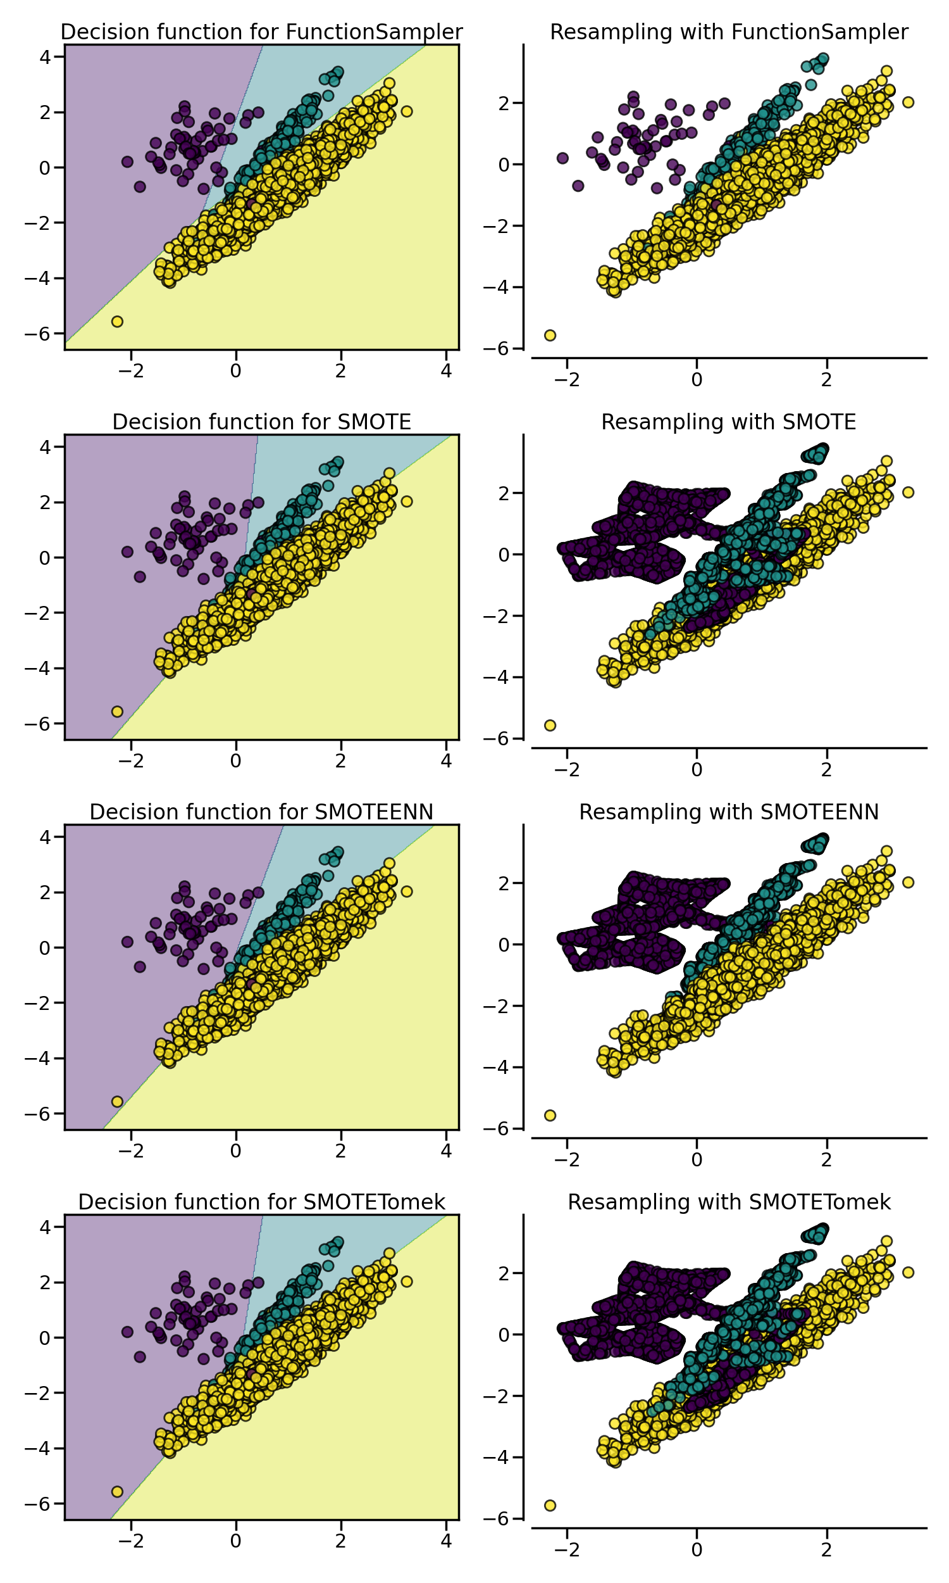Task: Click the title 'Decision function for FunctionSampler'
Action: (x=261, y=32)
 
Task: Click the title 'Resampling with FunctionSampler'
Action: (x=728, y=32)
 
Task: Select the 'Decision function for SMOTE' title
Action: (x=261, y=422)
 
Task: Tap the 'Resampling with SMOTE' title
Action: (x=728, y=422)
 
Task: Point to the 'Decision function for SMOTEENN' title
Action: (x=261, y=811)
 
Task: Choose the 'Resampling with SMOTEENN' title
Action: (x=728, y=811)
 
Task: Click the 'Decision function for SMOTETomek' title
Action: (x=261, y=1202)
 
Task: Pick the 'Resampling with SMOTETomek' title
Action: (x=728, y=1202)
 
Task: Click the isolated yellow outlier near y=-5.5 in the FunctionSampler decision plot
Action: (x=117, y=321)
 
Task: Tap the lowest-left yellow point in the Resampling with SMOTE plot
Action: (x=550, y=725)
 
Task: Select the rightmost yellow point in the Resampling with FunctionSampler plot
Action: (x=907, y=103)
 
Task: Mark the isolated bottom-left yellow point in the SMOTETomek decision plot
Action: (x=117, y=1491)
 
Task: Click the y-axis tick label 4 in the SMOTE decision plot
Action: (x=44, y=446)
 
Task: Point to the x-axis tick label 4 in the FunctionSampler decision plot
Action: (x=446, y=370)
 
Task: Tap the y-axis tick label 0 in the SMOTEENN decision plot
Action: (x=44, y=948)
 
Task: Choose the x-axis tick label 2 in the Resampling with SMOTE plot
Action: (x=826, y=769)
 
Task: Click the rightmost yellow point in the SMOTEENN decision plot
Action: (x=406, y=892)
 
